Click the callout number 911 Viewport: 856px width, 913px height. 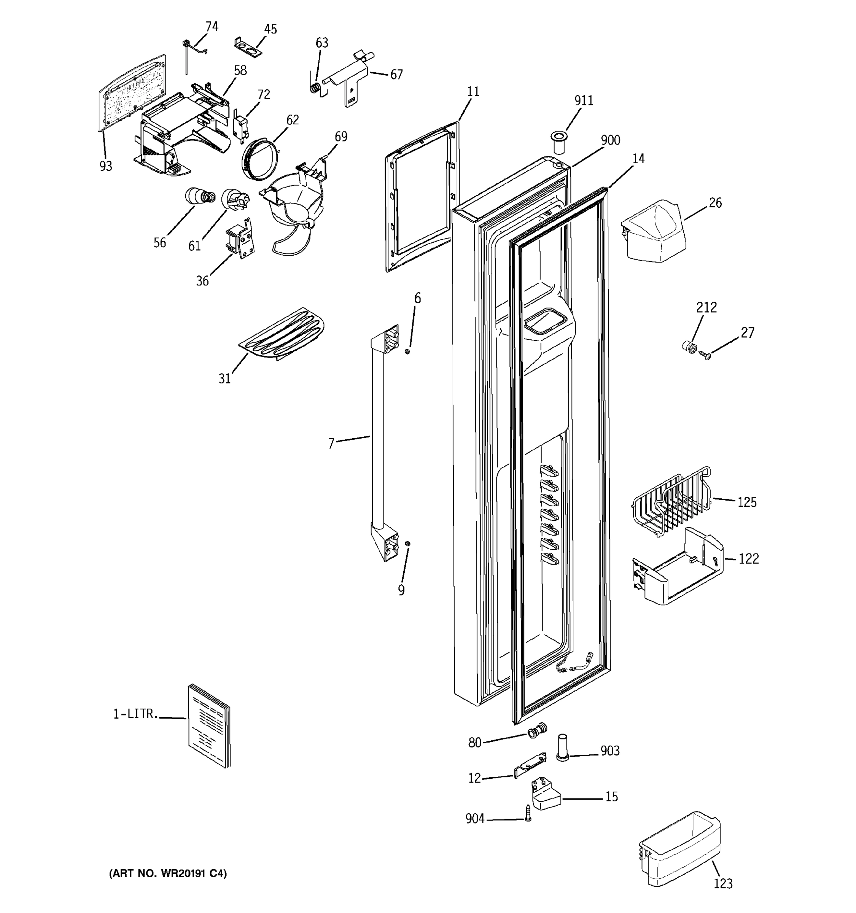(584, 100)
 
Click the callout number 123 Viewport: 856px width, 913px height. (723, 883)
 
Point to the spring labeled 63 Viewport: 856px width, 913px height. (315, 87)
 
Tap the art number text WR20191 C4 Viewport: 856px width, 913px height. (168, 873)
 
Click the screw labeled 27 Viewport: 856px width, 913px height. (705, 355)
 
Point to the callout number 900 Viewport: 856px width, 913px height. (610, 140)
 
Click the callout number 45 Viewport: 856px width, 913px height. (270, 29)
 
